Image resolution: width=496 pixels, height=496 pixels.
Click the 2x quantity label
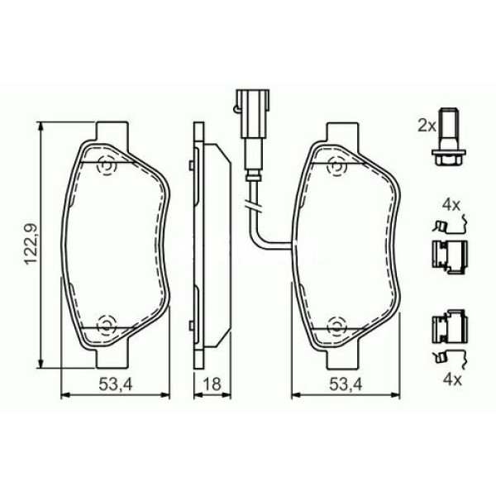point(426,126)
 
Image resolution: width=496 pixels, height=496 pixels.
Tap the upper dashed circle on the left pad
point(105,165)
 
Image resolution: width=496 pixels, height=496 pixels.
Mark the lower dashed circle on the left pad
point(105,324)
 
